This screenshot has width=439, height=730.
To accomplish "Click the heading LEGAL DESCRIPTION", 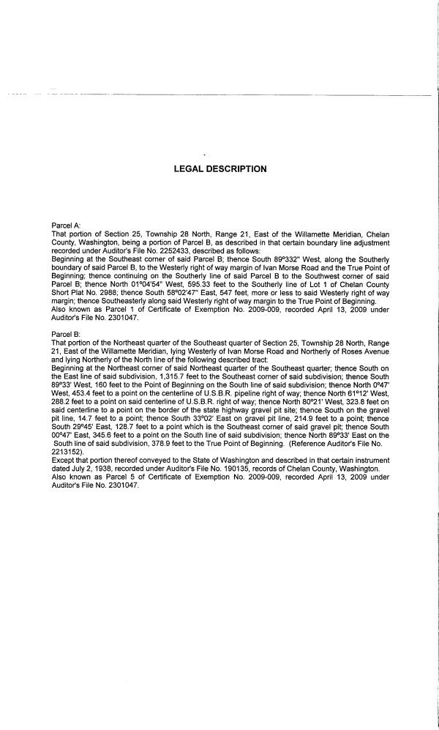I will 219,169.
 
